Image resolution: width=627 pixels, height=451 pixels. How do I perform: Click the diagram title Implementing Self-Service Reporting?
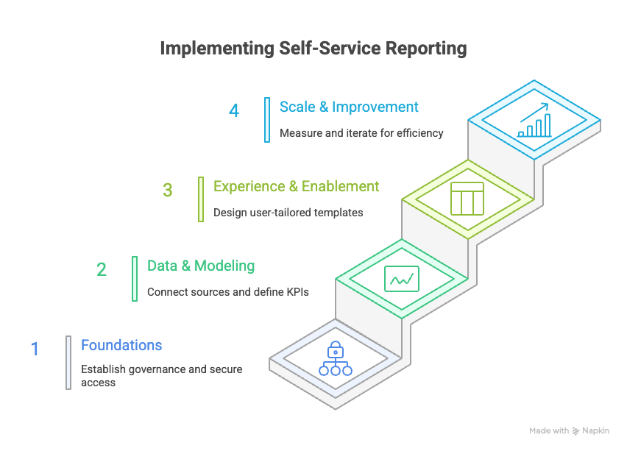pos(313,49)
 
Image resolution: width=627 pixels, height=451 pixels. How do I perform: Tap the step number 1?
pos(35,349)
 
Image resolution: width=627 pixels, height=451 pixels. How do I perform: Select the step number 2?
pos(102,269)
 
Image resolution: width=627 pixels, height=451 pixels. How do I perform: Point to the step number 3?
pos(168,190)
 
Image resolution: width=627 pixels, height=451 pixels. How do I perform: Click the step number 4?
pos(234,110)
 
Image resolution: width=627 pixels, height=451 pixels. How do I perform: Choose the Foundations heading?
pos(121,345)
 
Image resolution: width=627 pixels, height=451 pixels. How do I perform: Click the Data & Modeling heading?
pos(201,266)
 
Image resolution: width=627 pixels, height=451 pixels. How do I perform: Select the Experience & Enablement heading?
pos(296,186)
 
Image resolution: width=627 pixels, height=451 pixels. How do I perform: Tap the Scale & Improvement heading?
pos(349,107)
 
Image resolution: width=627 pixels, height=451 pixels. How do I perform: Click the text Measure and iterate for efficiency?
pos(361,133)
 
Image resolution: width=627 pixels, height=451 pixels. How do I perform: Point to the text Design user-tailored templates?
pos(288,213)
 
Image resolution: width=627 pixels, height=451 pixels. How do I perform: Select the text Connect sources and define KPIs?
pos(227,292)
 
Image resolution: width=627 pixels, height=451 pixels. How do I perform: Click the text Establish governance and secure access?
pos(161,375)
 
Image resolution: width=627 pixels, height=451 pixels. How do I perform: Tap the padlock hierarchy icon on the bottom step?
pos(335,358)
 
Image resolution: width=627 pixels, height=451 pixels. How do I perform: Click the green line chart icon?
pos(402,279)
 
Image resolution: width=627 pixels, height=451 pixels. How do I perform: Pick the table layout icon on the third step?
pos(467,199)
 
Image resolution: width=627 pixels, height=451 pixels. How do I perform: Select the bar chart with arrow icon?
pos(534,120)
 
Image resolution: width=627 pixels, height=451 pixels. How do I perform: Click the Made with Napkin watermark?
pos(569,430)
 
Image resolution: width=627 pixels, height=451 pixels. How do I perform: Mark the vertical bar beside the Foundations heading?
pos(68,362)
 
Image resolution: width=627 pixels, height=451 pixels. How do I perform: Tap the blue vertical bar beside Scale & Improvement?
pos(267,119)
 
